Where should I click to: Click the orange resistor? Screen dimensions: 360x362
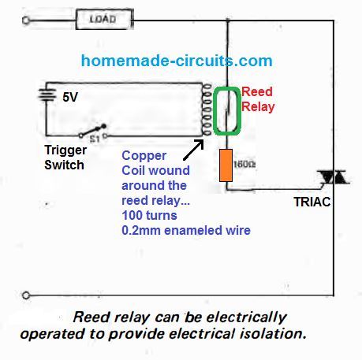point(226,163)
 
